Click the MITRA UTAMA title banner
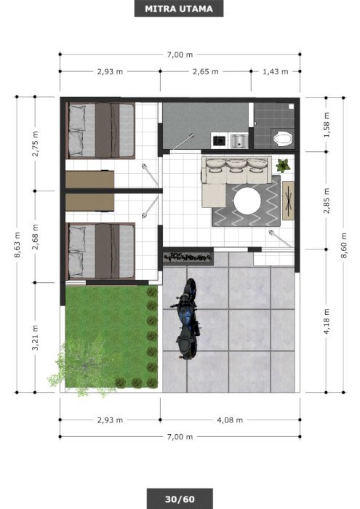[x=179, y=9]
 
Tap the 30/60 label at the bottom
[x=180, y=499]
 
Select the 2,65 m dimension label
[x=206, y=71]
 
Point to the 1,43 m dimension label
[x=276, y=71]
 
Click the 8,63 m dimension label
[x=17, y=245]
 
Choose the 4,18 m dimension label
[x=327, y=321]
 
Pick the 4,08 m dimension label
[x=230, y=420]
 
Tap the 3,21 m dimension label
[x=35, y=337]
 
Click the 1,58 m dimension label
[x=327, y=124]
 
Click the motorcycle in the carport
[x=187, y=318]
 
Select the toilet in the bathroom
[x=283, y=139]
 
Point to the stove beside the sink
[x=220, y=141]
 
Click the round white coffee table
[x=247, y=201]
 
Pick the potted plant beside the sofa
[x=283, y=166]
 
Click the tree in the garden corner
[x=84, y=366]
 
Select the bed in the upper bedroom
[x=100, y=130]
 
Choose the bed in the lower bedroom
[x=100, y=251]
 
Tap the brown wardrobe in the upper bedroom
[x=89, y=180]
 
